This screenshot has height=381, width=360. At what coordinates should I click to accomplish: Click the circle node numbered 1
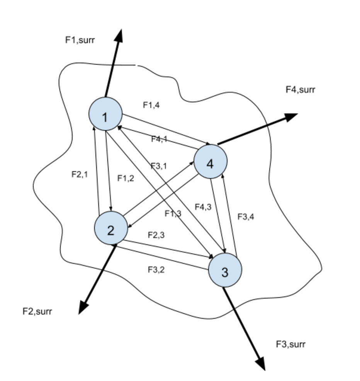(105, 114)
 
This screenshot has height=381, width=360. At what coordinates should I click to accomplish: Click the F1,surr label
(80, 39)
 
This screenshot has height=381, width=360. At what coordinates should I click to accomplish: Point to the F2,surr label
(37, 311)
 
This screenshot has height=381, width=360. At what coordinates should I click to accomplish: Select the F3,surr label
(291, 344)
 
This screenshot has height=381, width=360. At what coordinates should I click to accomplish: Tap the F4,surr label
(301, 90)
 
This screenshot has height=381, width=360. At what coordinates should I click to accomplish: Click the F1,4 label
(151, 105)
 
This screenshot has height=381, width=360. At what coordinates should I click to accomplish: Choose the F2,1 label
(80, 174)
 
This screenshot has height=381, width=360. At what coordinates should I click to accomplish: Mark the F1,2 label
(126, 178)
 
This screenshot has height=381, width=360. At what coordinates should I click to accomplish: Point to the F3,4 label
(246, 217)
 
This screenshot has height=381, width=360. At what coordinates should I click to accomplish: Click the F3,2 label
(156, 269)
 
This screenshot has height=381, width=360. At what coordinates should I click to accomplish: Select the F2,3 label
(156, 235)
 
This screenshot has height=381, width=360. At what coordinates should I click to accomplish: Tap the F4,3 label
(203, 207)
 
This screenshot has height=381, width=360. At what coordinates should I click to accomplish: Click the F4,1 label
(159, 139)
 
